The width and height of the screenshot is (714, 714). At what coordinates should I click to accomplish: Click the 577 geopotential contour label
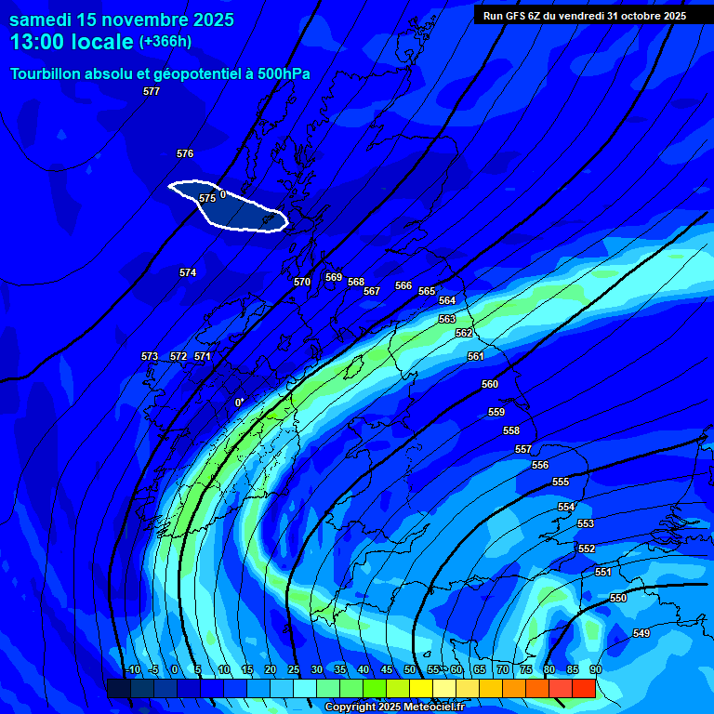[152, 91]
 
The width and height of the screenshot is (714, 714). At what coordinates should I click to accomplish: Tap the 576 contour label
[185, 153]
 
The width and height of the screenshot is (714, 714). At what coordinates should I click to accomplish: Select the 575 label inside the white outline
[207, 198]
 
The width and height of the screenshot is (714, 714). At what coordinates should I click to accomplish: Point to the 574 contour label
[188, 272]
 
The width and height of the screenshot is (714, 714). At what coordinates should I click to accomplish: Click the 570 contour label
[302, 282]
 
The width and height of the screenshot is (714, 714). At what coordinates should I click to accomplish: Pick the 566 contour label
[403, 285]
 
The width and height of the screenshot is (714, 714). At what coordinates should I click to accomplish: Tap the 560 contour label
[490, 384]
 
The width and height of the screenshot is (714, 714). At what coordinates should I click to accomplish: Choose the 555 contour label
[561, 482]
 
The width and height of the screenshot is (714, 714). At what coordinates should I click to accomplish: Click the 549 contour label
[641, 633]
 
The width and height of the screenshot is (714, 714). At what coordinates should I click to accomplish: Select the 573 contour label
[150, 356]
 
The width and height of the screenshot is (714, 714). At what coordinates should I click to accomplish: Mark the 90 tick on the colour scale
[595, 669]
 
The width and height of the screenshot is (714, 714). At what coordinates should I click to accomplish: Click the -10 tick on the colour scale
[132, 669]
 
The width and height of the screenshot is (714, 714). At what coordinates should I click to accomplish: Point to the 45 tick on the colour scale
[386, 669]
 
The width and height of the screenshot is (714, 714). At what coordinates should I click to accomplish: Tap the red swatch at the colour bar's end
[584, 688]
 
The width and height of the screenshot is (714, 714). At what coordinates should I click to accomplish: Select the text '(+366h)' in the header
[165, 41]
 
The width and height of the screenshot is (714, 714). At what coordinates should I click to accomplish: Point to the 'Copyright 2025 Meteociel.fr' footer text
[393, 707]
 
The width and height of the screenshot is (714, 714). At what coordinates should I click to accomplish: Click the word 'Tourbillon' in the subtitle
[47, 73]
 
